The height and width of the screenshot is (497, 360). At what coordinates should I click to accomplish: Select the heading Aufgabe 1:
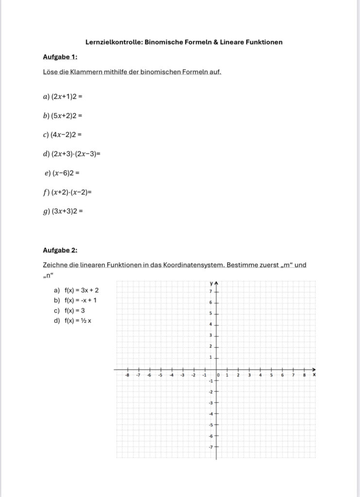coord(60,57)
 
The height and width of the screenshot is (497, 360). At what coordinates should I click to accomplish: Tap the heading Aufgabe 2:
coord(60,250)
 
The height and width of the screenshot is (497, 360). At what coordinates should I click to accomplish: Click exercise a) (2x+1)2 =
coord(64,97)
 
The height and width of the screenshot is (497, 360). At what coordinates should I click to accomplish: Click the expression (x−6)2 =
coord(66,173)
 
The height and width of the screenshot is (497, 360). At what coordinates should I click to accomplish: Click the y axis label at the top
coord(212,283)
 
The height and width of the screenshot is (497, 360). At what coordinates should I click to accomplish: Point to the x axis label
coord(314,375)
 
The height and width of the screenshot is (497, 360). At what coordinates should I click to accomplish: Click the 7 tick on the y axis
coord(211,292)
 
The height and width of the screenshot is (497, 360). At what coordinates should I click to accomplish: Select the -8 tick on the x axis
coord(127,375)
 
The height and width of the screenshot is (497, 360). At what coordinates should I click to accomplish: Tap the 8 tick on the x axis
coord(304,375)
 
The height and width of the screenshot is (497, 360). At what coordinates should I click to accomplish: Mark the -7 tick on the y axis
coord(210,447)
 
